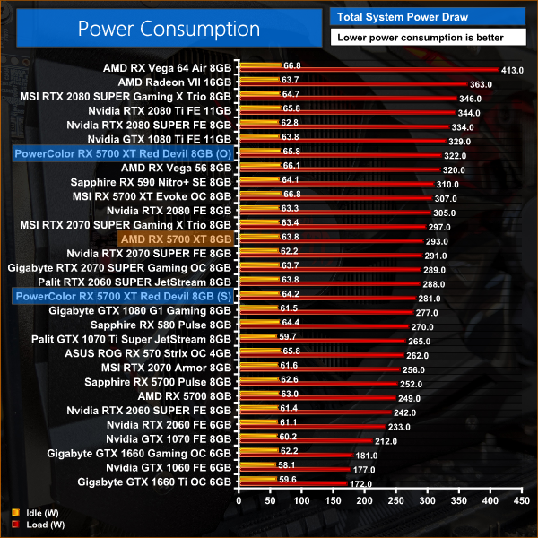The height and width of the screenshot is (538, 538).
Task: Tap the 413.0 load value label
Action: (512, 69)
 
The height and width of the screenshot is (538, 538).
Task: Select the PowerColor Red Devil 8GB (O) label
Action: (124, 152)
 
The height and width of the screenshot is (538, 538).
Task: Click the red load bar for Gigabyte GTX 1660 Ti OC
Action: (291, 483)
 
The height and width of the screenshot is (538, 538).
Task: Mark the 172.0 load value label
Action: (360, 483)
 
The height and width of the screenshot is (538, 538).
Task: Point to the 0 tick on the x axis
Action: (238, 501)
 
